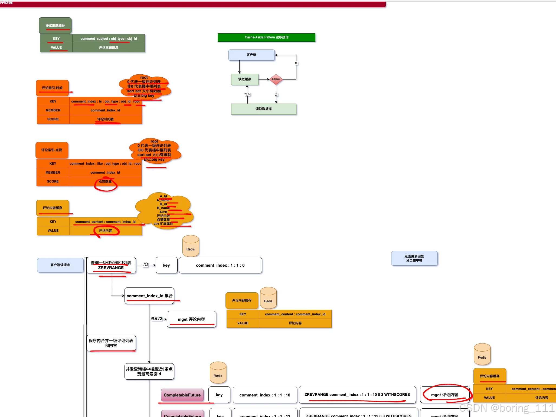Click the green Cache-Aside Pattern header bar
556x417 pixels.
[266, 37]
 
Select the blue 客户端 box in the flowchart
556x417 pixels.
[251, 55]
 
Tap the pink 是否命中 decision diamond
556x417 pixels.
[276, 79]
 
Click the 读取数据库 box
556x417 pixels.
[264, 109]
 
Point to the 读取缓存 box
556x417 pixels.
[245, 79]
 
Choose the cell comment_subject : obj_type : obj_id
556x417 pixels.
[109, 39]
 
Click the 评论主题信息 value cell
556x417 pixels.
[109, 48]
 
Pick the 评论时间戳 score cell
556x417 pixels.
[106, 119]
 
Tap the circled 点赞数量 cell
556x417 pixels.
[105, 181]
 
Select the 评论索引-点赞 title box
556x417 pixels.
[52, 150]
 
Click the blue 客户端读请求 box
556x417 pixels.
[60, 265]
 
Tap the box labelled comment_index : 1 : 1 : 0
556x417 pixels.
[220, 265]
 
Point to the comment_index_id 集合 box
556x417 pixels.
[149, 296]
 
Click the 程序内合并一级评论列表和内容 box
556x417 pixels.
[111, 343]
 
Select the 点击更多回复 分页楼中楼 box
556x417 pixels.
[414, 258]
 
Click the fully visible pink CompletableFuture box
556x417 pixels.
[182, 395]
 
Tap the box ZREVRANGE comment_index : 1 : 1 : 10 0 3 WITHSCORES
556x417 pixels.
[357, 395]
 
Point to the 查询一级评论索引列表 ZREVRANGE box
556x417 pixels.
[111, 265]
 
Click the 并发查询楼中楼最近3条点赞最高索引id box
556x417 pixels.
[149, 371]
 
